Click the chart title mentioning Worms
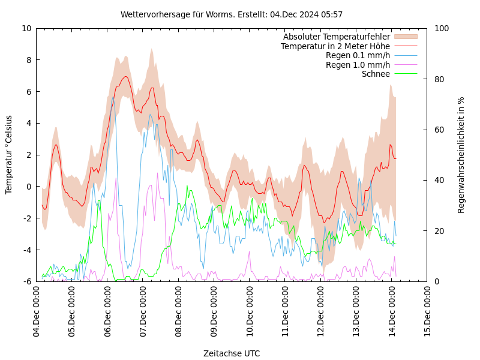(232, 14)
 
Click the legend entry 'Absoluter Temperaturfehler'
(336, 37)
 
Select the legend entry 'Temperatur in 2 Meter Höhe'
(335, 46)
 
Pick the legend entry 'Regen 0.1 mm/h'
(358, 56)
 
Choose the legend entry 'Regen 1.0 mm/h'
(358, 65)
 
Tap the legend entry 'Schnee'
(376, 74)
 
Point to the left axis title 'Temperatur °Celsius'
(9, 154)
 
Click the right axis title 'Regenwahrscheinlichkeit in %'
(461, 155)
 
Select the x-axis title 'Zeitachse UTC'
(232, 353)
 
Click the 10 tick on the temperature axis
(26, 28)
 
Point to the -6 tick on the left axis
(26, 281)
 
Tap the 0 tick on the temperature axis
(28, 187)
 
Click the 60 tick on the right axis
(439, 130)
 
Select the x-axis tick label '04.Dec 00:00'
(36, 311)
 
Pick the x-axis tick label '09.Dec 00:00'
(214, 311)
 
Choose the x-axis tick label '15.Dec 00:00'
(428, 311)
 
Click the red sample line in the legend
(405, 46)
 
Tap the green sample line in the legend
(405, 74)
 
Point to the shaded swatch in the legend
(405, 37)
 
